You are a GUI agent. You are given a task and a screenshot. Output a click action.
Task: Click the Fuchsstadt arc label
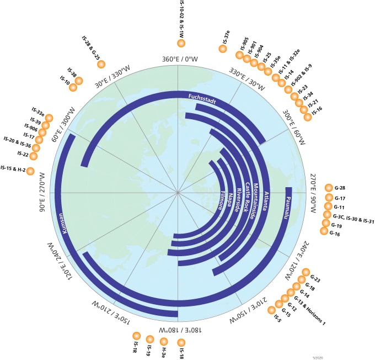[201, 98]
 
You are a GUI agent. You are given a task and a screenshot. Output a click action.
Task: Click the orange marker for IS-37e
[223, 49]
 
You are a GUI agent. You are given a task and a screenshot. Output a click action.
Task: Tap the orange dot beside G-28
[329, 188]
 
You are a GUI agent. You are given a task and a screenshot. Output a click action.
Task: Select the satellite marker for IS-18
[181, 343]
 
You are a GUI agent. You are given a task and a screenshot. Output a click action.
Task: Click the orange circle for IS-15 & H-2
[30, 171]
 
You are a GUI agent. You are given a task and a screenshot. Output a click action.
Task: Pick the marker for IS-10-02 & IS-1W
[181, 44]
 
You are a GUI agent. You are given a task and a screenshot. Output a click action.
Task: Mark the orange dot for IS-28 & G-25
[101, 64]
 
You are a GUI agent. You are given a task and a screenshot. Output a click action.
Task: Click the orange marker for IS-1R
[137, 335]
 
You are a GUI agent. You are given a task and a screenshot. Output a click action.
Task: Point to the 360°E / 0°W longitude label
[178, 60]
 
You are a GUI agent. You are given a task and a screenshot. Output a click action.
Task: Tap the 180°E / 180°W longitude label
[178, 330]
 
